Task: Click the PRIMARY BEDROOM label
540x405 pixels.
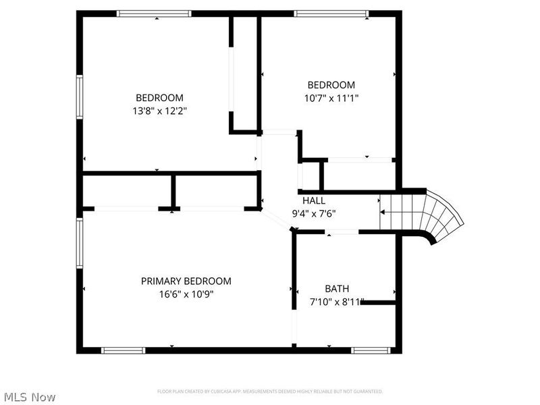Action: (186, 281)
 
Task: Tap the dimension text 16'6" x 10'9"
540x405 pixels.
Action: (186, 294)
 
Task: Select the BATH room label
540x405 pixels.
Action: (337, 289)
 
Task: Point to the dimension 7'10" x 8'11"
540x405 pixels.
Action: (337, 302)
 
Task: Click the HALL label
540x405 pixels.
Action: (313, 200)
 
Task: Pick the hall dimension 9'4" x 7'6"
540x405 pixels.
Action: (313, 213)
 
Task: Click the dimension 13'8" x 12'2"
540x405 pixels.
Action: (159, 110)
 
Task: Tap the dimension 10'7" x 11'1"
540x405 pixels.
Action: (331, 98)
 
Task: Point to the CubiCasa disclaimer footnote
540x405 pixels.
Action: (270, 391)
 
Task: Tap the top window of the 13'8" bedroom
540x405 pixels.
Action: (157, 13)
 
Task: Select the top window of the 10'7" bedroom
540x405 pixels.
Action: (331, 13)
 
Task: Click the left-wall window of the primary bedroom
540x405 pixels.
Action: (80, 242)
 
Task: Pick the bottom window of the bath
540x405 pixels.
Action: (371, 350)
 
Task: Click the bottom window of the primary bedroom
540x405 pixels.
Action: (123, 350)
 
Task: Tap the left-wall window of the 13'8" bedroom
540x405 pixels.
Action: (80, 98)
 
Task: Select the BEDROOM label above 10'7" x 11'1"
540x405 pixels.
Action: (331, 85)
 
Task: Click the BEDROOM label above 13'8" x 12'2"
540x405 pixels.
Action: (159, 97)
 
